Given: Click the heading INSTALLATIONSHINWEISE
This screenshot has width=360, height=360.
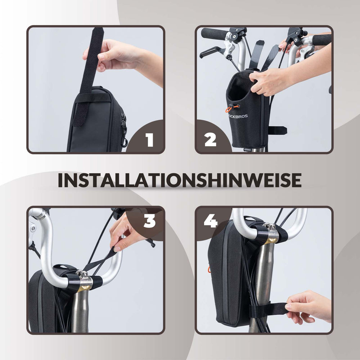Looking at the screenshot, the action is [x=180, y=180].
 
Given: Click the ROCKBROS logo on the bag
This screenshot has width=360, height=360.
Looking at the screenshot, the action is [x=238, y=116].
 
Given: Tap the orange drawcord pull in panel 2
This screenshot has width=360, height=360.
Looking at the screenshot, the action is [x=232, y=108].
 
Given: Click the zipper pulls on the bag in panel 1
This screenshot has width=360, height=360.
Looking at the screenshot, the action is [x=124, y=130].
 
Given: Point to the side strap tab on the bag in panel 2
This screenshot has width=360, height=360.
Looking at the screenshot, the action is [x=278, y=131].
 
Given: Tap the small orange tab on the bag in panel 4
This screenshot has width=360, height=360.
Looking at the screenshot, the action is [x=209, y=269].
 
